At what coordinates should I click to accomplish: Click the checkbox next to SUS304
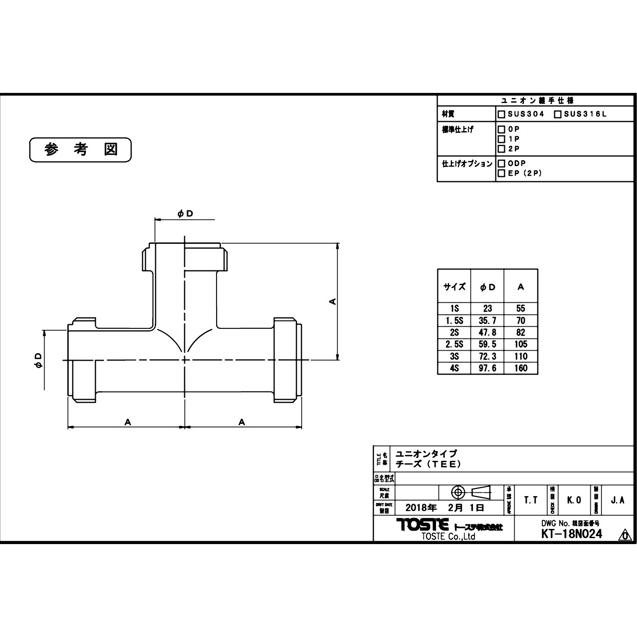(x=501, y=114)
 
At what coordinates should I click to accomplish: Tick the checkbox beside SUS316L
(x=558, y=114)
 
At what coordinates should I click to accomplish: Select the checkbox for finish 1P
(x=501, y=139)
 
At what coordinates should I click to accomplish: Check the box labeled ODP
(x=501, y=163)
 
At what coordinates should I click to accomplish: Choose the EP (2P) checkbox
(x=501, y=173)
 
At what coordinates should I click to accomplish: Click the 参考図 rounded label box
(x=80, y=150)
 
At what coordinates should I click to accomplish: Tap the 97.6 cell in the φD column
(x=487, y=368)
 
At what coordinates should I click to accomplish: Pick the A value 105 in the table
(x=521, y=344)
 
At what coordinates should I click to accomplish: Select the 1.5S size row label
(x=454, y=320)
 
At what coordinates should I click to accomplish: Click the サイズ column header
(x=454, y=287)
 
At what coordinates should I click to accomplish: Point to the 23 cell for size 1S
(x=487, y=308)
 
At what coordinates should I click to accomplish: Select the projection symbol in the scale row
(x=471, y=492)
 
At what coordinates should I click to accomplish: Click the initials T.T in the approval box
(x=531, y=500)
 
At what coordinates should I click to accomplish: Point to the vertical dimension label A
(x=332, y=301)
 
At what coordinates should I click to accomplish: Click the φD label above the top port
(x=185, y=214)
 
